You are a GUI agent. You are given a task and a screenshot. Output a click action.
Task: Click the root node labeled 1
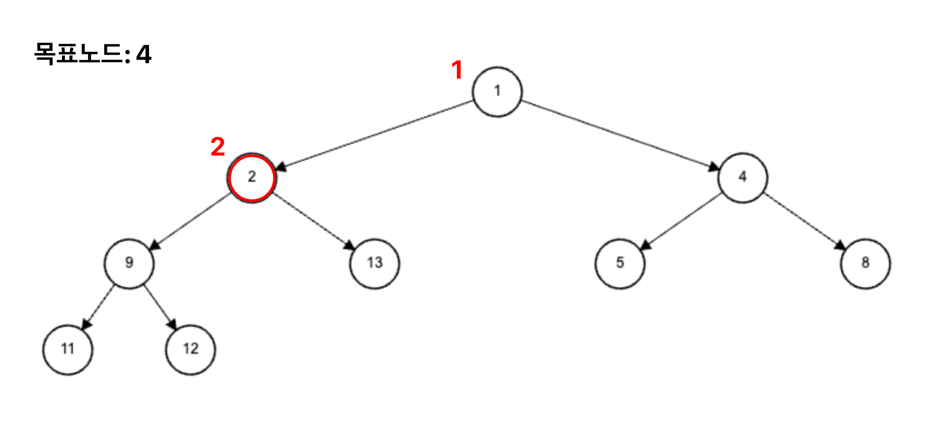pyautogui.click(x=497, y=92)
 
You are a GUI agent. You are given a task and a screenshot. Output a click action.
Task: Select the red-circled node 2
pyautogui.click(x=251, y=177)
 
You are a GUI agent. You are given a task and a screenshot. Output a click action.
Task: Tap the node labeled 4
pyautogui.click(x=742, y=177)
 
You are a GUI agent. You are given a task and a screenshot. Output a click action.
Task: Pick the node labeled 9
pyautogui.click(x=129, y=263)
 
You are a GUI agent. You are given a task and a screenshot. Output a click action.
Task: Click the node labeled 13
pyautogui.click(x=374, y=263)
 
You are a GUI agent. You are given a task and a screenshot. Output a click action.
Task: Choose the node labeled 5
pyautogui.click(x=620, y=263)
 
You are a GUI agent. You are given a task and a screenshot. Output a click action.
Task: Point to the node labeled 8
pyautogui.click(x=865, y=263)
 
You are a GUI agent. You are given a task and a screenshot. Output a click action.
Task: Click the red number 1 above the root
pyautogui.click(x=457, y=70)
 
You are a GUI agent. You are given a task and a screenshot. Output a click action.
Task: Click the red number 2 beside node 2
pyautogui.click(x=218, y=147)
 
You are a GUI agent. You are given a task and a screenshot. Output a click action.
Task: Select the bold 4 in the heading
pyautogui.click(x=143, y=55)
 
